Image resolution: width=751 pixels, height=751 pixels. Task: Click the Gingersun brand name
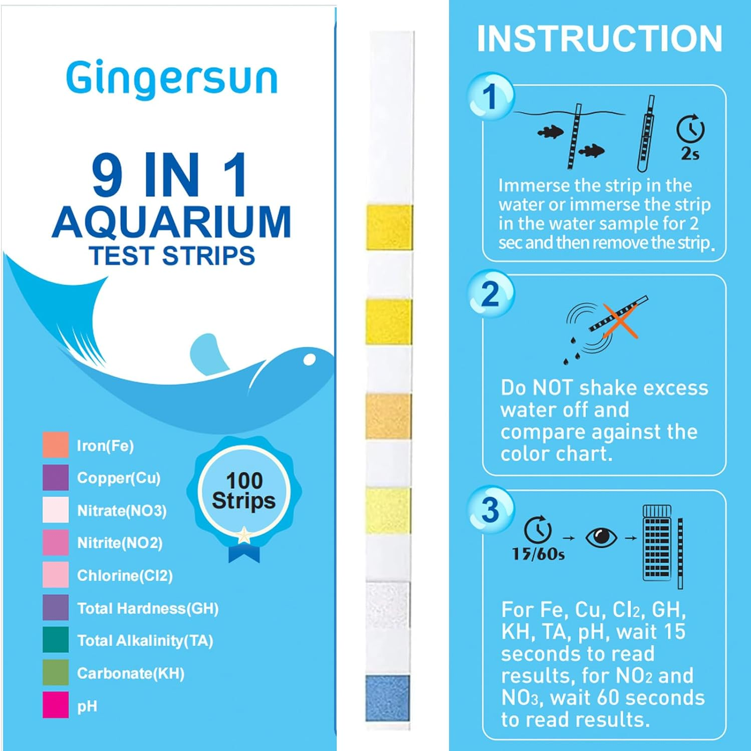click(171, 79)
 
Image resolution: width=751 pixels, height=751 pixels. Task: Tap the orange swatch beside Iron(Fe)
click(56, 445)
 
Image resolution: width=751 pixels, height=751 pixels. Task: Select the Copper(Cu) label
click(119, 478)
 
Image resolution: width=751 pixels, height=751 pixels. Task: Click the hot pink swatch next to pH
click(56, 705)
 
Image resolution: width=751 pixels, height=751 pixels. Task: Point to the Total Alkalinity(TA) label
click(145, 641)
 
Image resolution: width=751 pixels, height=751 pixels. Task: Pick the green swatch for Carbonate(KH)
click(56, 673)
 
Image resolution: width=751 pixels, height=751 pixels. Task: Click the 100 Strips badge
click(244, 491)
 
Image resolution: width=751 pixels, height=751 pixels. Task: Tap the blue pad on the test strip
click(387, 698)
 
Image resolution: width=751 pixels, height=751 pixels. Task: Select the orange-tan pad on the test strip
click(388, 416)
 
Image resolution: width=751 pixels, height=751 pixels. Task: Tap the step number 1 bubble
click(490, 97)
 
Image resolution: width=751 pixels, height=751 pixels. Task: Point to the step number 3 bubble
click(490, 509)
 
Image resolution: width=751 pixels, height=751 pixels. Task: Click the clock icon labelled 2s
click(690, 130)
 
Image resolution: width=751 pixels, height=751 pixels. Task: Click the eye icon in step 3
click(601, 538)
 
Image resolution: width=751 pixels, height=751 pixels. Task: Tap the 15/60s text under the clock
click(538, 554)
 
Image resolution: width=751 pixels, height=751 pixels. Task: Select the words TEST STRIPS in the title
click(172, 256)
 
